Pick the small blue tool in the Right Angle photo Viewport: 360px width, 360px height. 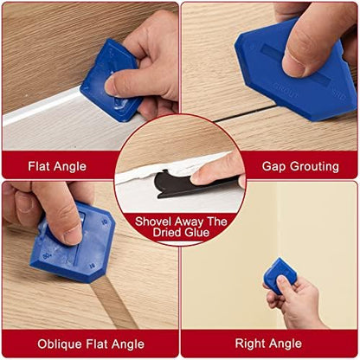click(x=280, y=274)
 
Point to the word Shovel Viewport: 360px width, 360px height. click(x=157, y=220)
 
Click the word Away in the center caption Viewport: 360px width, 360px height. click(x=195, y=220)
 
